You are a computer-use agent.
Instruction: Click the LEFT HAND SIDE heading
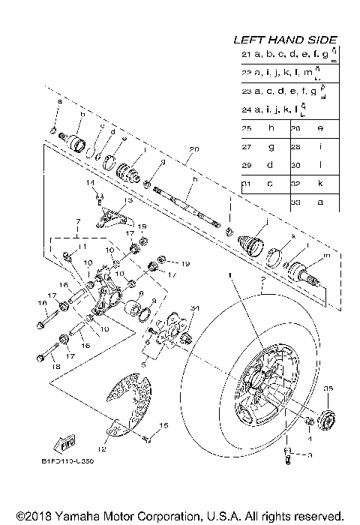coord(285,40)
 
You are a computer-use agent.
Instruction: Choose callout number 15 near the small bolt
coord(164,426)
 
